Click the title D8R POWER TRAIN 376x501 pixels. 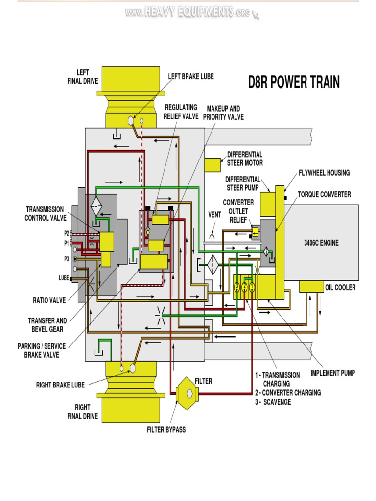(294, 82)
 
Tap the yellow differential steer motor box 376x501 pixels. (213, 165)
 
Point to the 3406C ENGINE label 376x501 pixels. (321, 243)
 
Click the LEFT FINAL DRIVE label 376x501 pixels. (82, 77)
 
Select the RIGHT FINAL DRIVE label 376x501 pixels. (82, 412)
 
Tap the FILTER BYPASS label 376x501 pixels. (166, 430)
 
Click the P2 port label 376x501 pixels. (66, 234)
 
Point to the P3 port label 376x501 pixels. (66, 258)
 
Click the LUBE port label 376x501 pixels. (64, 278)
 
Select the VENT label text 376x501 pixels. (214, 214)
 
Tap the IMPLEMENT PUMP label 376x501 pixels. (332, 373)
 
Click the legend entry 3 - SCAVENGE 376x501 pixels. (273, 402)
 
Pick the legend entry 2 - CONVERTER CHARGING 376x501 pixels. (287, 392)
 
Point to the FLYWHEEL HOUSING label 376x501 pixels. (324, 173)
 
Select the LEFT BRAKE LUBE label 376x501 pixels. (191, 76)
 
